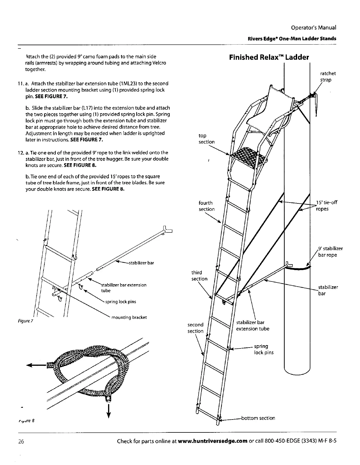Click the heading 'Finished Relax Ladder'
[269, 57]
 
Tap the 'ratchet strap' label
[328, 77]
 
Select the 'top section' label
[206, 139]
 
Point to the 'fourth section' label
[206, 206]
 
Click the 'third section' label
[199, 276]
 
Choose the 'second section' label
[195, 328]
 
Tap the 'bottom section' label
[258, 418]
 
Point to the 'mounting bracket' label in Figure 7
[129, 317]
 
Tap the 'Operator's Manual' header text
[313, 28]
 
